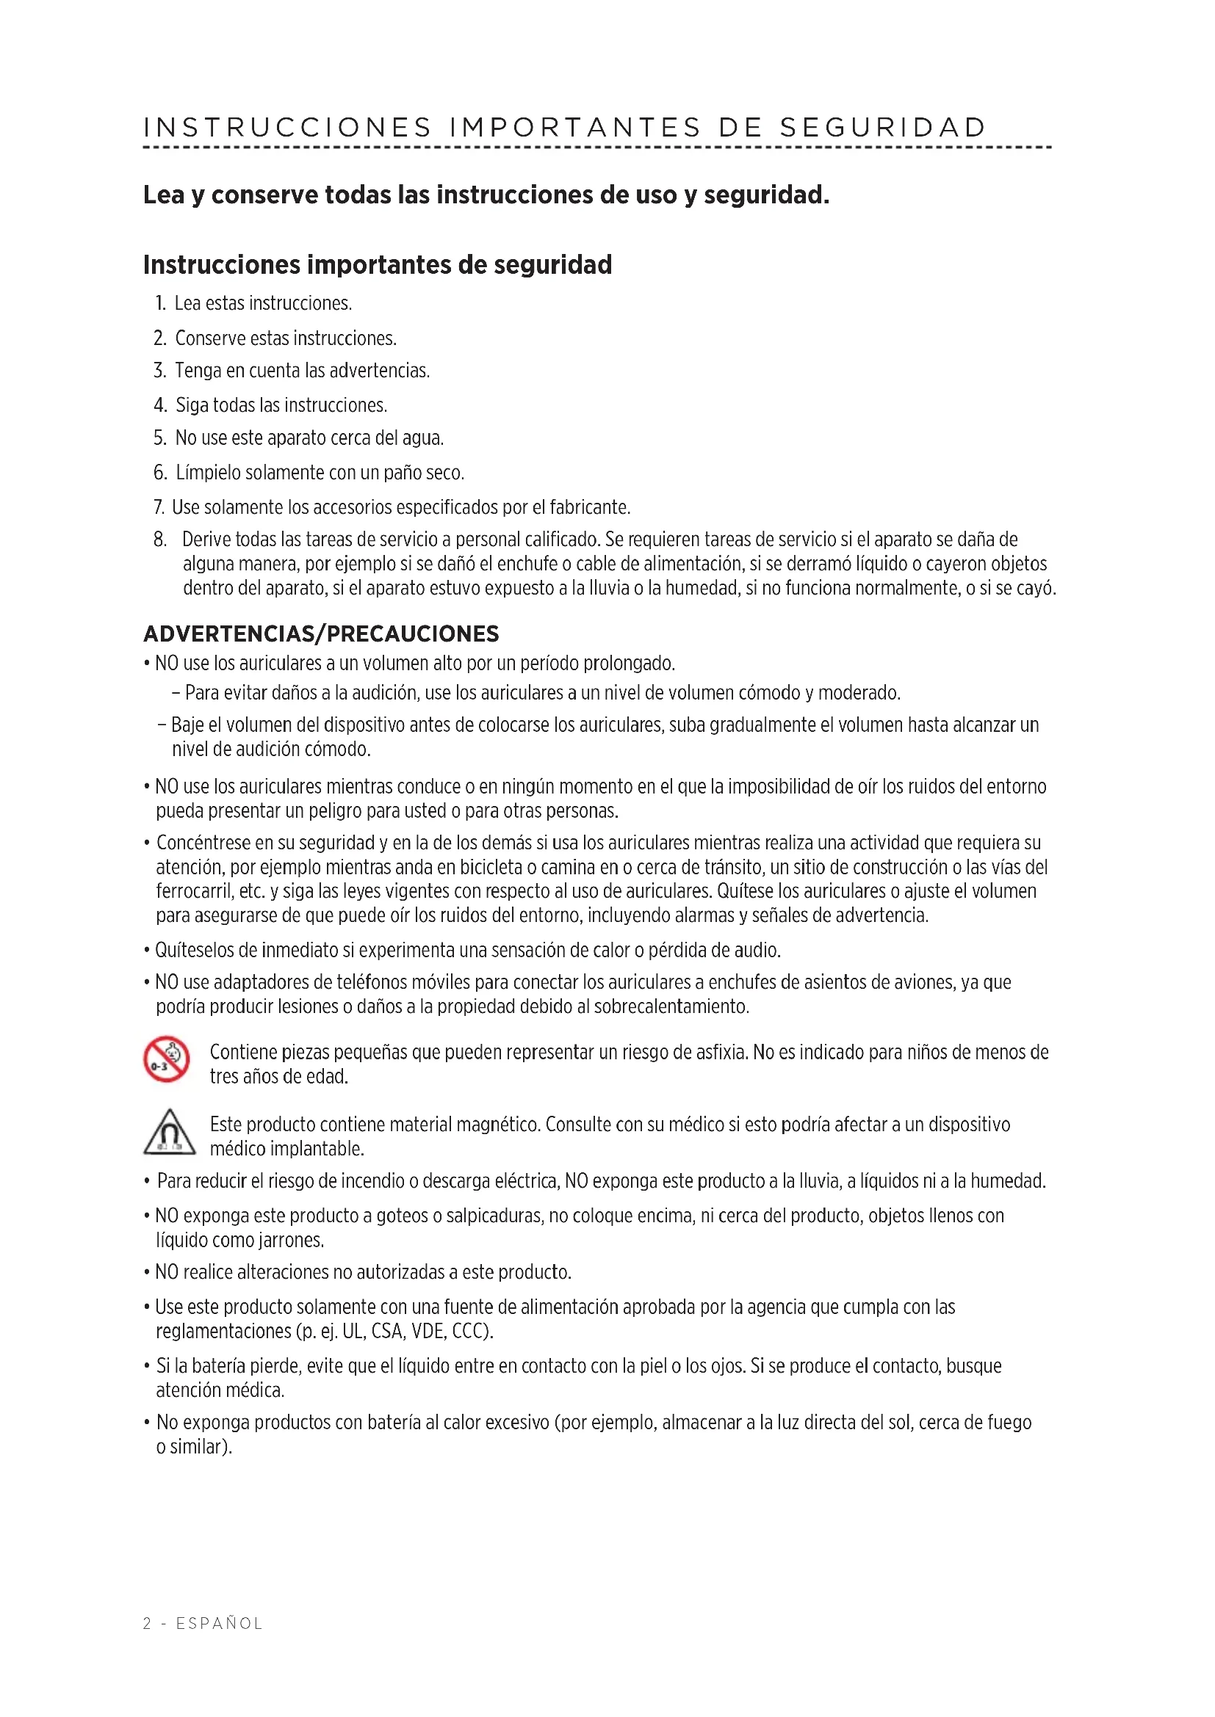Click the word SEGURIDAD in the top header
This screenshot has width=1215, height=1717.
coord(883,127)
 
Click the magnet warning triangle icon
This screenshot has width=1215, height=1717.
coord(169,1133)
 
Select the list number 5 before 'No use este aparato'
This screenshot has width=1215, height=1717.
coord(159,438)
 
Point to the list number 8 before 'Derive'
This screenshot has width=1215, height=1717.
coord(160,540)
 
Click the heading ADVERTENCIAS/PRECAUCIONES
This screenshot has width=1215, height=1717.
coord(321,634)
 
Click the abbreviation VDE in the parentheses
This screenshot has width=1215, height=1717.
coord(428,1332)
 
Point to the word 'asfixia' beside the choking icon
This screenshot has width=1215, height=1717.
coord(721,1053)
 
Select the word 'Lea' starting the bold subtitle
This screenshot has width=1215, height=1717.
coord(163,195)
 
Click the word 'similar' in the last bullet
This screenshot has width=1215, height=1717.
coord(196,1447)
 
